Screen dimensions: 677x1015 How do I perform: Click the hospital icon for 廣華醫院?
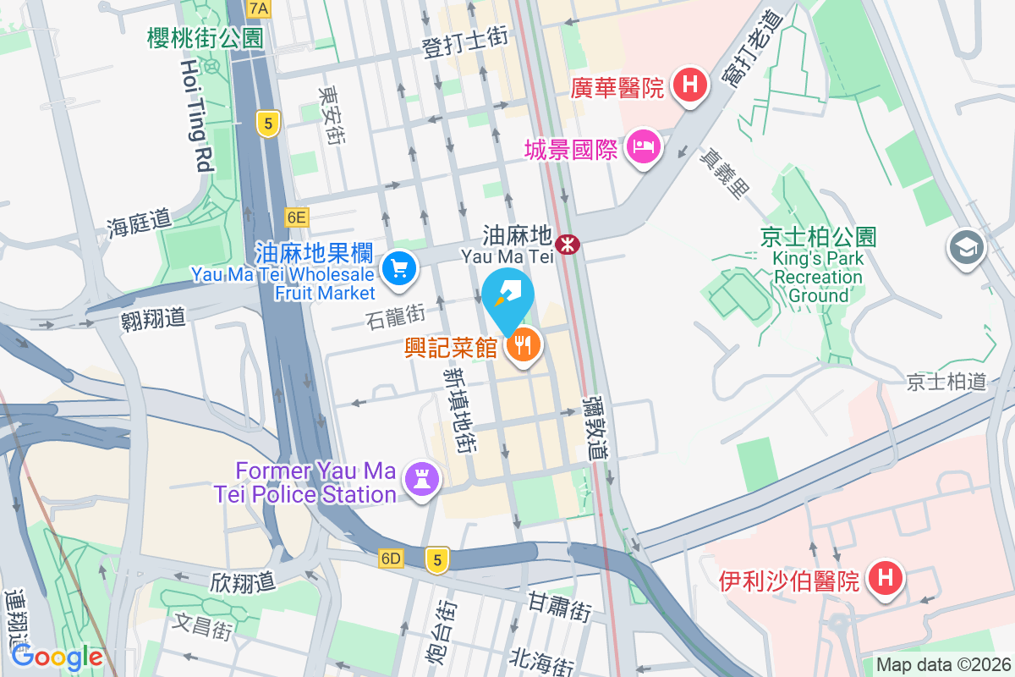click(x=690, y=85)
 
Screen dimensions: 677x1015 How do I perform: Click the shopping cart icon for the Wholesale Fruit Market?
click(x=398, y=269)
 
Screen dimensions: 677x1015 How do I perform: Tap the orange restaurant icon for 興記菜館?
click(x=524, y=344)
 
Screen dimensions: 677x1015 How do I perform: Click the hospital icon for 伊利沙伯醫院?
click(x=885, y=579)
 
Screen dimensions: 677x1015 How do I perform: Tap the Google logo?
click(x=57, y=657)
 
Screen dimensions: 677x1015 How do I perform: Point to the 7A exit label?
click(x=259, y=9)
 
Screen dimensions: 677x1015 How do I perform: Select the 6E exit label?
click(x=296, y=217)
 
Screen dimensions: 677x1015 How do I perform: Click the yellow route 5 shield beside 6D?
click(x=436, y=559)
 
